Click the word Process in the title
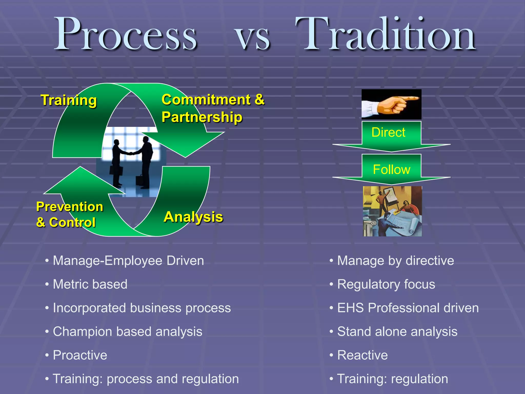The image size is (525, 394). click(126, 35)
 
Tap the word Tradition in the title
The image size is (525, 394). click(386, 35)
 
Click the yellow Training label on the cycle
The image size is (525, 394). click(69, 100)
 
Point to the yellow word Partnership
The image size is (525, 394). click(202, 117)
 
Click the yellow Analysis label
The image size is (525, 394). click(193, 217)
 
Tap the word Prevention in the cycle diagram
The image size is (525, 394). click(69, 206)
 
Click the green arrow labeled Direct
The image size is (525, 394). click(391, 136)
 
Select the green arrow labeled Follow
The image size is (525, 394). click(391, 169)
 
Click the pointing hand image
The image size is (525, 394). click(391, 104)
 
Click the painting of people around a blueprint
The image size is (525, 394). click(392, 211)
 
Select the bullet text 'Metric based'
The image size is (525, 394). click(90, 284)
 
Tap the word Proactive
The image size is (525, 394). click(80, 355)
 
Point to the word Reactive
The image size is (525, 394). click(362, 355)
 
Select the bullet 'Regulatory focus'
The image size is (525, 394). click(386, 284)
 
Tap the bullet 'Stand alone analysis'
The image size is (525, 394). click(397, 331)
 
